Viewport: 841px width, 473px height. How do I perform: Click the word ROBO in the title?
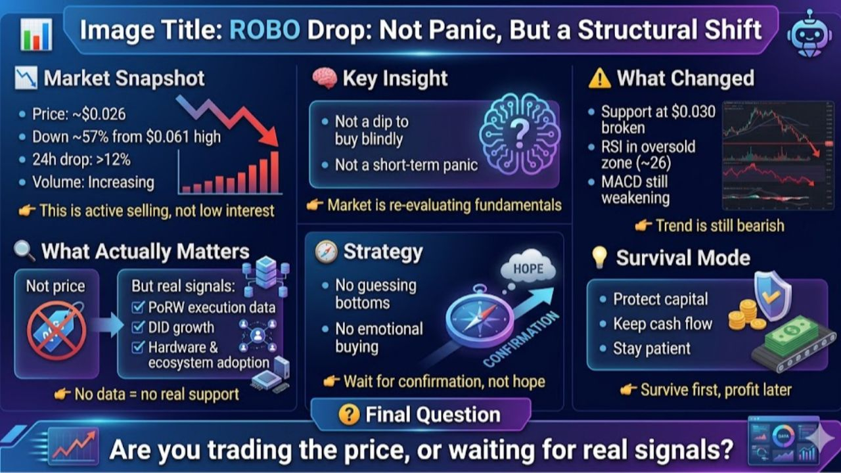pos(265,30)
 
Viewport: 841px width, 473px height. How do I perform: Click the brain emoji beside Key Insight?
pos(325,78)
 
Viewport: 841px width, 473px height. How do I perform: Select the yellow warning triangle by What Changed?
pos(600,79)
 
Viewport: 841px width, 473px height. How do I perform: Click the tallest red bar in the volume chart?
pos(275,172)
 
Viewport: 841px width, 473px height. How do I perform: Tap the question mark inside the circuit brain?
pos(520,133)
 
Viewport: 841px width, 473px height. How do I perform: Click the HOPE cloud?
pos(529,267)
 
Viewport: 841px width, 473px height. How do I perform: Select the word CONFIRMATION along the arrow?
pos(521,340)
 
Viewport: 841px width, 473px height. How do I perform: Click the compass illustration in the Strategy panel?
pos(480,317)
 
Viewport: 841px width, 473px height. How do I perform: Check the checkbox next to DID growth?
pos(138,327)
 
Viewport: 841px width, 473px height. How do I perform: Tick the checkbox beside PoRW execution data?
pos(138,307)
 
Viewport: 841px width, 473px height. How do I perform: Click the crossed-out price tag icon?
pos(57,330)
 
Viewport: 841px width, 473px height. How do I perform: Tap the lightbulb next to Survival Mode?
pos(599,258)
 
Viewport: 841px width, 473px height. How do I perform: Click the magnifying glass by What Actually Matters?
pos(25,251)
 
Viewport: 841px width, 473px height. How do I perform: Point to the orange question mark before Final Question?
pos(349,415)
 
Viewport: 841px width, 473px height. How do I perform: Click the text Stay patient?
pos(652,348)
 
